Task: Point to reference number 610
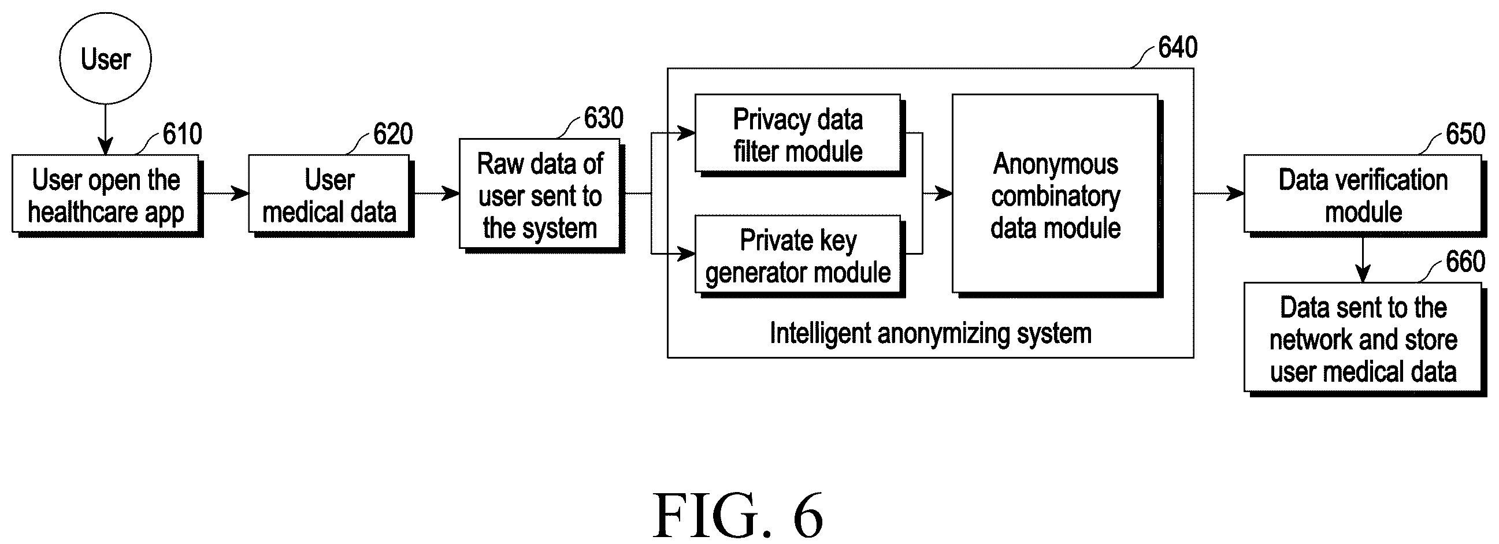pos(182,134)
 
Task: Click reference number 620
pos(393,134)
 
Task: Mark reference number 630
pos(603,118)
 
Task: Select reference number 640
pos(1178,47)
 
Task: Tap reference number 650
pos(1466,134)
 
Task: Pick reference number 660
pos(1466,261)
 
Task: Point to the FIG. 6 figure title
pos(738,515)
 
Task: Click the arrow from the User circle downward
pos(105,129)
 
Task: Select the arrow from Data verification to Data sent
pos(1363,259)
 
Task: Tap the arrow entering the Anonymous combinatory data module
pos(937,193)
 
